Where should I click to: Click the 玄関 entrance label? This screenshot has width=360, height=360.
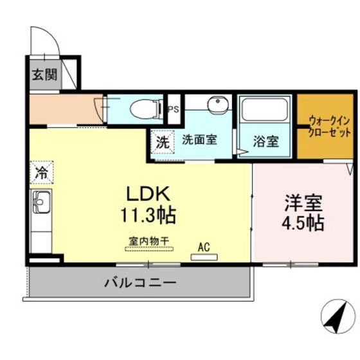(44, 74)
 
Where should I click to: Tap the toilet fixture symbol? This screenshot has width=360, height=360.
(145, 110)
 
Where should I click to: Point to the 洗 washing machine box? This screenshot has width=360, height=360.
(163, 141)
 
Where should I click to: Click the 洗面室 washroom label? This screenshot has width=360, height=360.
(200, 139)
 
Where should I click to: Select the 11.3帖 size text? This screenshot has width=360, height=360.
(147, 215)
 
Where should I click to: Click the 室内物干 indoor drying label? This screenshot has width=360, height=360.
(148, 240)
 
